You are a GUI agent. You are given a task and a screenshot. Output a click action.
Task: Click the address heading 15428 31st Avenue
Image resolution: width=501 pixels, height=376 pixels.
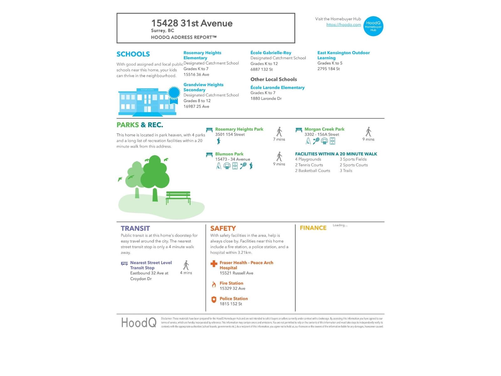click(x=192, y=23)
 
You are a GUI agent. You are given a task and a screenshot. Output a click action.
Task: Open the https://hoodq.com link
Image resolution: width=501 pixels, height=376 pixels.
click(x=343, y=25)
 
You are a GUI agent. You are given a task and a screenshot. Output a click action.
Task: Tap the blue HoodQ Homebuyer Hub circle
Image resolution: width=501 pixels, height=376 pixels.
click(x=373, y=26)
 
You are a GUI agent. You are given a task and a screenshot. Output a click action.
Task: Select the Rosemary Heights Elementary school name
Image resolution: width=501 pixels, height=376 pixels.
click(x=202, y=55)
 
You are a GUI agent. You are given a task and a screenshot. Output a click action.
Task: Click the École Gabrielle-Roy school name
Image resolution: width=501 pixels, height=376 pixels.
click(x=271, y=53)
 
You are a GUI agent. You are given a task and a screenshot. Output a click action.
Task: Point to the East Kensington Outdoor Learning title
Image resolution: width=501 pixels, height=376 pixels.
click(x=343, y=55)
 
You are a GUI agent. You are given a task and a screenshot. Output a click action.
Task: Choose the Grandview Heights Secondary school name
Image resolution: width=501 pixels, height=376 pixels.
click(x=203, y=87)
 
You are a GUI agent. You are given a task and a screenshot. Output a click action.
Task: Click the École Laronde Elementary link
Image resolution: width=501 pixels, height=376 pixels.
click(x=277, y=87)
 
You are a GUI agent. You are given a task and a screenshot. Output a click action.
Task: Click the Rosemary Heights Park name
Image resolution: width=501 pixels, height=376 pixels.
click(x=239, y=129)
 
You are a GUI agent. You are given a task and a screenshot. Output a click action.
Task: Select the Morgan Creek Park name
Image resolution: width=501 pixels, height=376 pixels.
click(x=324, y=129)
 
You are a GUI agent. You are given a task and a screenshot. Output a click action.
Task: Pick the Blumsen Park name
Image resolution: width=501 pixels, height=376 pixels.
click(x=229, y=154)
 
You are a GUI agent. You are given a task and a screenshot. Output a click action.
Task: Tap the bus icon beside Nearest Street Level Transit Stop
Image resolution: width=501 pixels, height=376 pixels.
click(x=124, y=264)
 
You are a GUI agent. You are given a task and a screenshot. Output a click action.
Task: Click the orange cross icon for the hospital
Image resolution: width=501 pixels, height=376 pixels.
click(x=214, y=264)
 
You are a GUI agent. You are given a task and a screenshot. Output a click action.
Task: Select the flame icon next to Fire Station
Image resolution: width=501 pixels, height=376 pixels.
click(x=214, y=285)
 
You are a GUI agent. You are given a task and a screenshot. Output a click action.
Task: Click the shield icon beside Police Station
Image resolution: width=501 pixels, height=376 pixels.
click(x=214, y=300)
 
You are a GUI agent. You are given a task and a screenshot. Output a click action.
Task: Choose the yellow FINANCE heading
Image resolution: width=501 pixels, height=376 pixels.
click(x=313, y=228)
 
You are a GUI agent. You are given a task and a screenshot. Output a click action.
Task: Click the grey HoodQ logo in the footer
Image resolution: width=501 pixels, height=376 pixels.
click(x=139, y=322)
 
